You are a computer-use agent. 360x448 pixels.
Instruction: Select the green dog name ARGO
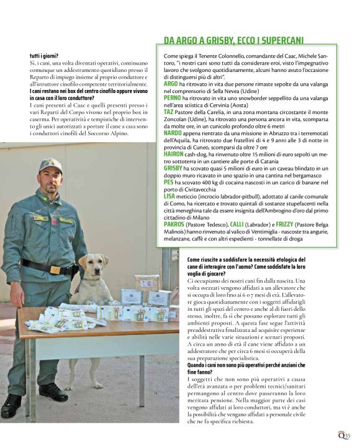point(170,83)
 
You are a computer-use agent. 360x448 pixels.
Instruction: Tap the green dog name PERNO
point(172,97)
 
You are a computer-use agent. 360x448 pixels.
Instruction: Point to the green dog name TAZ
point(168,112)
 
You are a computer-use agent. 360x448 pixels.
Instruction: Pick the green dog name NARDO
point(173,132)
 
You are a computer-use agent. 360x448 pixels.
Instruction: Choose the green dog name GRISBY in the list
point(173,168)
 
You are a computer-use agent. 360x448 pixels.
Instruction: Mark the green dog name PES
point(168,182)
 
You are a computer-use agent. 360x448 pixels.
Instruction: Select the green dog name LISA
point(169,195)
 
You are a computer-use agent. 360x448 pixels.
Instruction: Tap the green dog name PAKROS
point(174,223)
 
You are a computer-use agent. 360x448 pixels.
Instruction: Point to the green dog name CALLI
point(238,223)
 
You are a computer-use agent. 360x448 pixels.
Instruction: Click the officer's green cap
point(50,165)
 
